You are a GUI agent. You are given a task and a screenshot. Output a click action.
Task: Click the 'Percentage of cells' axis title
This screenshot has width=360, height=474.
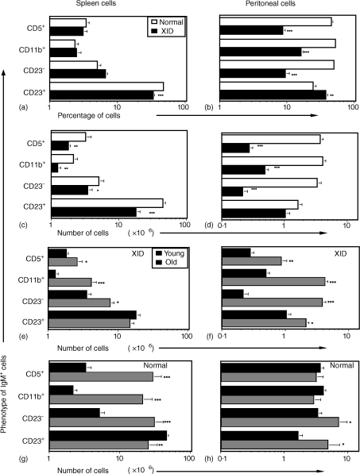click(79, 115)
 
